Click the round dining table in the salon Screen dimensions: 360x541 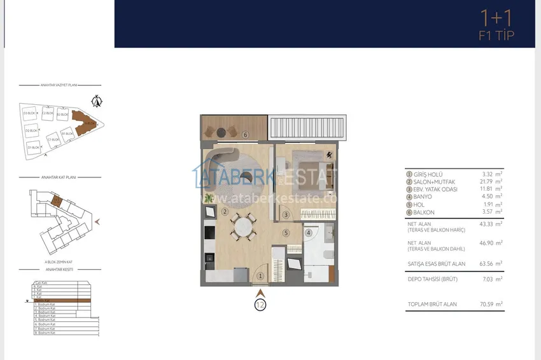point(242,225)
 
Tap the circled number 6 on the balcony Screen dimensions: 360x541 point(245,134)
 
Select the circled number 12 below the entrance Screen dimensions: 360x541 point(260,304)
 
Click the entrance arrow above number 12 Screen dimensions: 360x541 point(260,293)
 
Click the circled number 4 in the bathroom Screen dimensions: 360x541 point(309,233)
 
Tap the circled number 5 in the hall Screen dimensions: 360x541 point(286,233)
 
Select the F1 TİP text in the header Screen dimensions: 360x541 point(496,36)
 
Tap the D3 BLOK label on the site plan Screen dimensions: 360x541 point(29,113)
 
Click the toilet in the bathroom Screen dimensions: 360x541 point(325,256)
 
